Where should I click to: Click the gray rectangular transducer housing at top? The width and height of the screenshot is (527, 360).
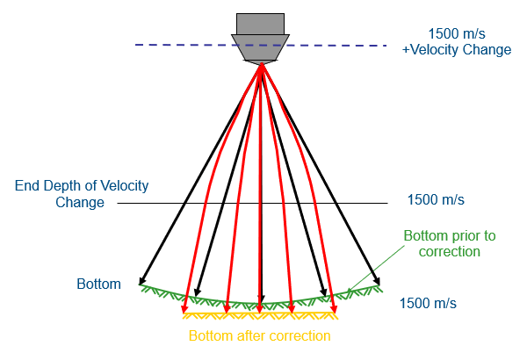(x=260, y=24)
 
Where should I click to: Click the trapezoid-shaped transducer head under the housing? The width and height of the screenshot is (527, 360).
(x=260, y=47)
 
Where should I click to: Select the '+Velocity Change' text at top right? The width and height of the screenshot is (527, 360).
(x=456, y=50)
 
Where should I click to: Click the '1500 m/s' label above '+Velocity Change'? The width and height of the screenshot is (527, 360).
(x=456, y=34)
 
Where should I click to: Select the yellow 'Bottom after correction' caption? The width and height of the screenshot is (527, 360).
(x=259, y=335)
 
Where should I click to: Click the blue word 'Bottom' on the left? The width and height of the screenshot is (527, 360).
(x=98, y=284)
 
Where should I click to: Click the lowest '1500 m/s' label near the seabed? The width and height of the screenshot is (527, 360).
(x=428, y=304)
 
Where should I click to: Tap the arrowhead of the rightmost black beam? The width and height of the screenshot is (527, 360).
(x=379, y=284)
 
